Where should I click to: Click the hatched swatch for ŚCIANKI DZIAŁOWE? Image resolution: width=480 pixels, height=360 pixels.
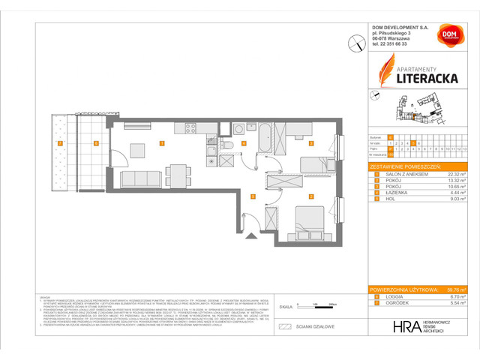coord(284,326)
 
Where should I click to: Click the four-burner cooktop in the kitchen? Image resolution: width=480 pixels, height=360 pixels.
coord(187,127)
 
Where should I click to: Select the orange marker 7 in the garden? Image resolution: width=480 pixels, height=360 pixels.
coord(61,142)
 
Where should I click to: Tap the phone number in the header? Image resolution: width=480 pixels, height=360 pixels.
coord(390,44)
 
